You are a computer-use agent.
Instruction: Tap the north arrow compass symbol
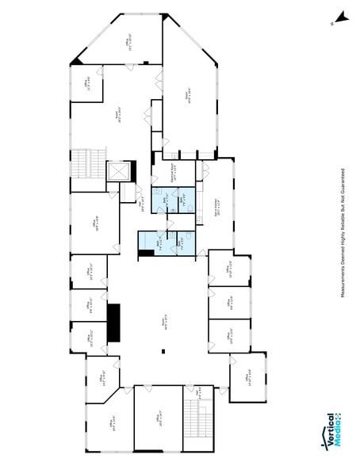tap(341, 17)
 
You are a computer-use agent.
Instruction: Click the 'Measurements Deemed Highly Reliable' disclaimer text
tap(342, 233)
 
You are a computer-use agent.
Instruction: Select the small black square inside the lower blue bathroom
tap(145, 254)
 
